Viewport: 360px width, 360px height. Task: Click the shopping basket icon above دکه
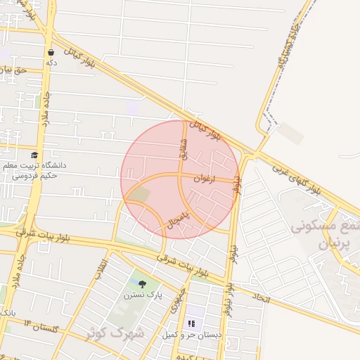[51, 52]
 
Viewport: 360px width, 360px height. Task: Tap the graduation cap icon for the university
[34, 155]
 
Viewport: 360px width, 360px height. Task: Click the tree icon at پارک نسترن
[143, 284]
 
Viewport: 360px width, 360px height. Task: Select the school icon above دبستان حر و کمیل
[190, 324]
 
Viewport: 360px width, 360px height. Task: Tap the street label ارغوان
[202, 179]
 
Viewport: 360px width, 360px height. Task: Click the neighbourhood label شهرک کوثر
[115, 333]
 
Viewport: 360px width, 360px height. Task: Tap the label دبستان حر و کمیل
[192, 335]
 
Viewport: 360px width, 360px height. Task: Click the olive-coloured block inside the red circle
[141, 194]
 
